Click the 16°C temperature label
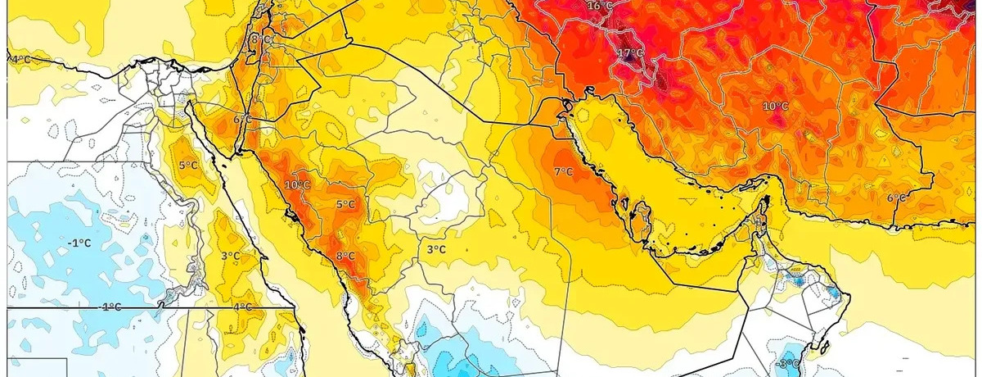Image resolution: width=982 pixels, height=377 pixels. coord(600,6)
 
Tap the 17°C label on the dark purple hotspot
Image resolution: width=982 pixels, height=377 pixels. coord(630,54)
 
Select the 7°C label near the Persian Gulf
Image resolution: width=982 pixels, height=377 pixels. coord(563,172)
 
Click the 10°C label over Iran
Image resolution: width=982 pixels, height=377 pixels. coord(775,107)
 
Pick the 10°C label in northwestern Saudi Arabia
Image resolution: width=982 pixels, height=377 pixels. coord(297,185)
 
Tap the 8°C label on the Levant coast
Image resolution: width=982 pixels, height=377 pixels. coord(260,39)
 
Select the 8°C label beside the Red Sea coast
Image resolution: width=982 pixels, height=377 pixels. coord(345,257)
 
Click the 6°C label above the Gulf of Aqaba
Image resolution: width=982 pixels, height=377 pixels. coord(242,120)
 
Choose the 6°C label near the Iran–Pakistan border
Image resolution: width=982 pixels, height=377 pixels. coord(897,198)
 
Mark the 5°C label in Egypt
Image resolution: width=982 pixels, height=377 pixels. coord(188,166)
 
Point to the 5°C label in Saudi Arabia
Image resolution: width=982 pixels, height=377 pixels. coord(345,204)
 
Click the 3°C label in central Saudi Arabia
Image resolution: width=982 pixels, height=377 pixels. coord(435,249)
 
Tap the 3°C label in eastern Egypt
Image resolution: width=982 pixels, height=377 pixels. coord(231,256)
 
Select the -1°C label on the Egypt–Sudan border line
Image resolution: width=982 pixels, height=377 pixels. coord(110,307)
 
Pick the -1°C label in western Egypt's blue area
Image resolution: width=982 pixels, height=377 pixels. coord(79,243)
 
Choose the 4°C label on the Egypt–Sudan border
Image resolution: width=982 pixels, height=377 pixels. coord(243,307)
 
